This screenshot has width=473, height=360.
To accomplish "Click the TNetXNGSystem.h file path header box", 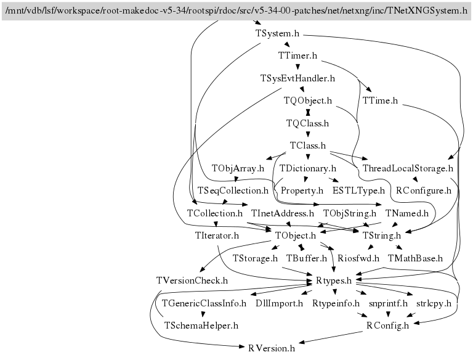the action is point(236,11).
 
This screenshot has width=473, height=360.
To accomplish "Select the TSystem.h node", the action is point(277,33).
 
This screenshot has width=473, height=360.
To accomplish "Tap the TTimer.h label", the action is point(297,55).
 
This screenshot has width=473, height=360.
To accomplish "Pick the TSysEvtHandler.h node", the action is point(297,78).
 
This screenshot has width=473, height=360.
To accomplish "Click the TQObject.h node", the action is point(308,100).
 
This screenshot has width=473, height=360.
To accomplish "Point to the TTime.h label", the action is point(380,100).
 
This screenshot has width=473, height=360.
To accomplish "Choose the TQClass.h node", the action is point(307,123).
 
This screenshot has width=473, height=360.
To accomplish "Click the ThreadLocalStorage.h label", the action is point(408,168).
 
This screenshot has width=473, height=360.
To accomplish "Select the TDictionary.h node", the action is point(307,168).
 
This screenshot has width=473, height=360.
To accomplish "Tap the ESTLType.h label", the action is point(358,190).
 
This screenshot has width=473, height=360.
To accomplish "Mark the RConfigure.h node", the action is point(424,190).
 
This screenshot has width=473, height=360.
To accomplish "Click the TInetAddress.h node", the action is point(283,213).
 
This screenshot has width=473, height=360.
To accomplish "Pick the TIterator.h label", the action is point(217,235).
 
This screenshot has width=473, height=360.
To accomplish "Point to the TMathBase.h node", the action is point(415,258).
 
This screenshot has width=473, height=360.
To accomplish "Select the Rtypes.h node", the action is point(334,280).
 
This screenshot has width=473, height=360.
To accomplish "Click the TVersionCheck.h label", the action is point(192,280).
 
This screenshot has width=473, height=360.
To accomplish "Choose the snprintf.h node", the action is point(388,303).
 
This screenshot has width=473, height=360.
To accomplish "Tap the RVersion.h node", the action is point(272,348).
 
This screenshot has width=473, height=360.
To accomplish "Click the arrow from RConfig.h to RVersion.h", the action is point(331,338).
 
